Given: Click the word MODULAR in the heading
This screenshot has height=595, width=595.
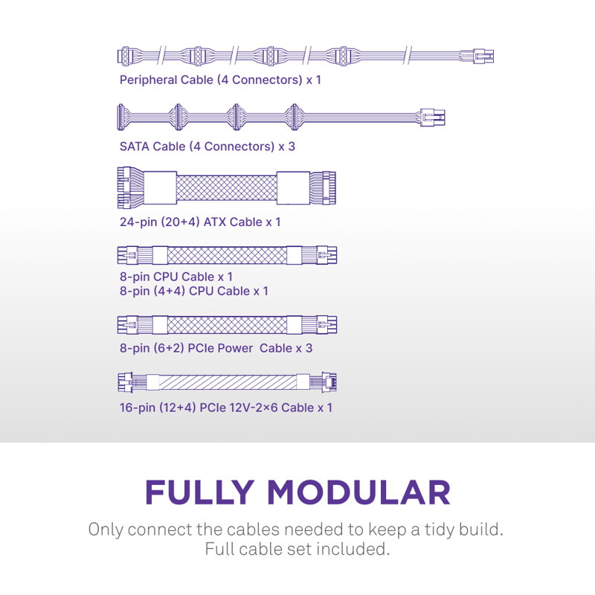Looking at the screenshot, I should coord(358,492).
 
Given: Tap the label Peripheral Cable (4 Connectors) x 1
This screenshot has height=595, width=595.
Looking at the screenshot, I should coord(220,80).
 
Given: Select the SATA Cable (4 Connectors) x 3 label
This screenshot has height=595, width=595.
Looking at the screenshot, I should coord(208,147).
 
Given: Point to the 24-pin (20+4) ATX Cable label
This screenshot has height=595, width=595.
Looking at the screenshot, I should coord(200,222).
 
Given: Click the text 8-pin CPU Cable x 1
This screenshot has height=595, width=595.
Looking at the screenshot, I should coord(176,277).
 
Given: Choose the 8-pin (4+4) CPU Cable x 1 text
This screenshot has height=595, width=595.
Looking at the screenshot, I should coord(194,291).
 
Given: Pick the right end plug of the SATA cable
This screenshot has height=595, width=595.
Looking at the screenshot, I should coord(433,117).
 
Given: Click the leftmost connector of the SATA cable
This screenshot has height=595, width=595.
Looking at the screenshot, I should coord(123,117).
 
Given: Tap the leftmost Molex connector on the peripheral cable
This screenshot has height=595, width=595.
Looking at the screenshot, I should coord(126,56).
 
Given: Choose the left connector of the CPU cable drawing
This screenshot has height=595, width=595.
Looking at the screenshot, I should coord(128,256).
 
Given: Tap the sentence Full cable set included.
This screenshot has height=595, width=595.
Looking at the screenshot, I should coord(297,550).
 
